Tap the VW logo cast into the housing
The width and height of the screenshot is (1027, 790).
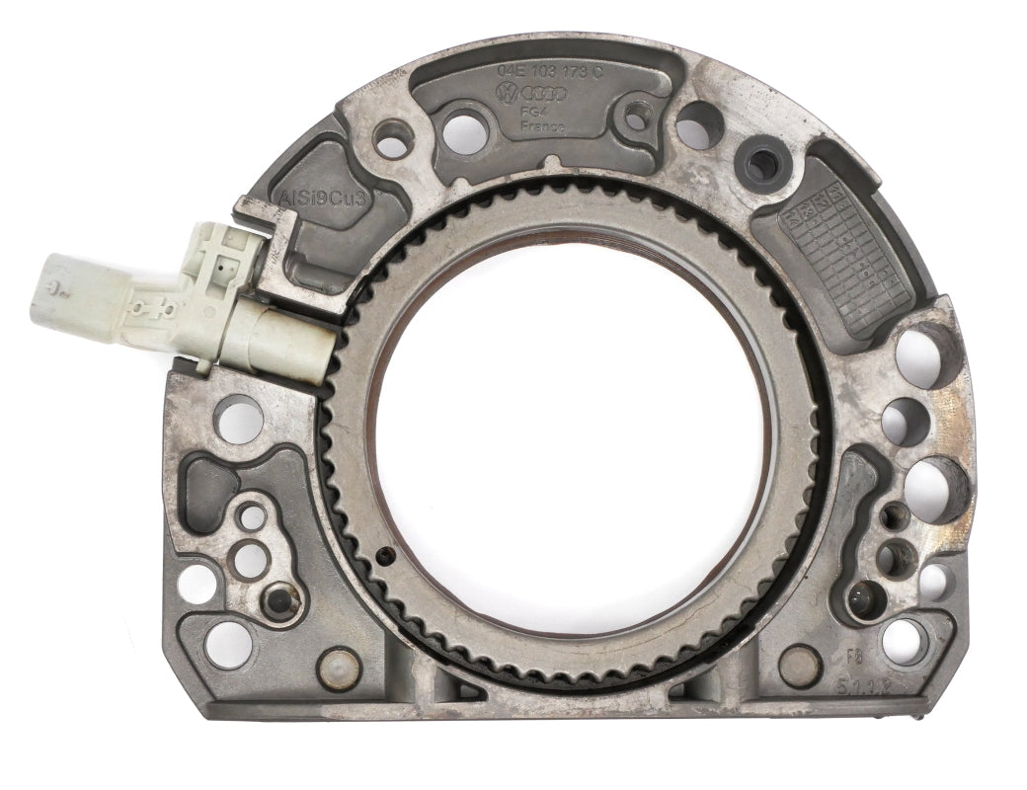(508, 94)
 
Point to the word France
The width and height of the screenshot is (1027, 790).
(542, 127)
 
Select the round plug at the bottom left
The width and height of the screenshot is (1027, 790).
(338, 668)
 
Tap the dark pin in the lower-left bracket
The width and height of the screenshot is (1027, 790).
(280, 599)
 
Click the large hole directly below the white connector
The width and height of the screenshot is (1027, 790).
(238, 418)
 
